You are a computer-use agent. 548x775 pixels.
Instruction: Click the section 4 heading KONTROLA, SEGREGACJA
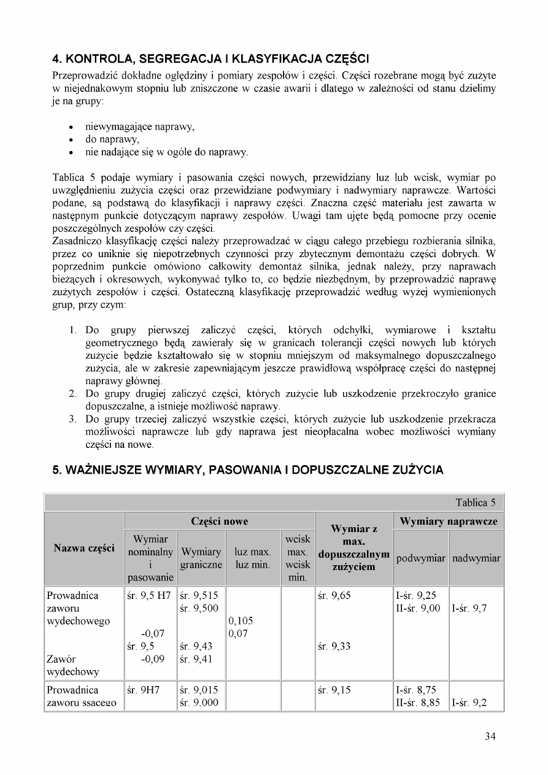(210, 59)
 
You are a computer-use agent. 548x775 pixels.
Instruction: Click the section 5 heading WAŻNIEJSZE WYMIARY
(247, 471)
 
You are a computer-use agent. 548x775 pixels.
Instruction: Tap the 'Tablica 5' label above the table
(475, 503)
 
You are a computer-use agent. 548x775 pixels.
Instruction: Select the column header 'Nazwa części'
(85, 548)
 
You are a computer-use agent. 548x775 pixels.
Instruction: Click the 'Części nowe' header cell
(220, 521)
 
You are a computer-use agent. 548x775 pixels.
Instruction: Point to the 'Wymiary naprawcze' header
(449, 521)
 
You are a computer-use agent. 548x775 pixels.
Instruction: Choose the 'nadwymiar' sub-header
(476, 558)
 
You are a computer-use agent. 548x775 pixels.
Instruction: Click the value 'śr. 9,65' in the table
(335, 595)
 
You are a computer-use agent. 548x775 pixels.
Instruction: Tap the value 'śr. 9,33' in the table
(335, 646)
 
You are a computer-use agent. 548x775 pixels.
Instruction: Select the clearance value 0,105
(241, 620)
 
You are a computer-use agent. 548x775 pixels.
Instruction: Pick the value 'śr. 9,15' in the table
(335, 690)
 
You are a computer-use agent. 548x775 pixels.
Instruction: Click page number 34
(490, 736)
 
